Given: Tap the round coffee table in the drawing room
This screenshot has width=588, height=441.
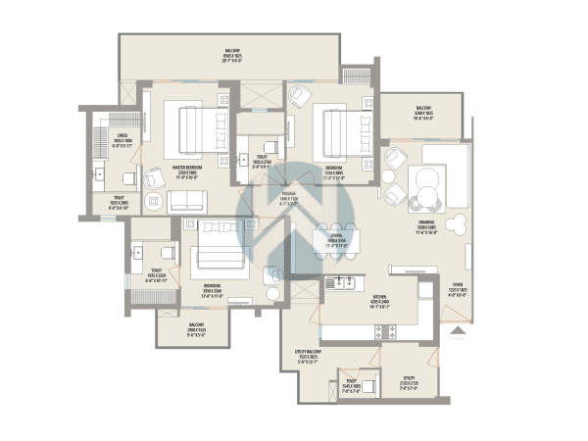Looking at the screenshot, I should click(x=427, y=181).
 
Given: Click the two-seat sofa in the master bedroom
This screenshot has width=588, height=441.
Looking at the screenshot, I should click(x=188, y=202).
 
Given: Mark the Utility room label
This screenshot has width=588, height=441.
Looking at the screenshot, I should click(x=409, y=381).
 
